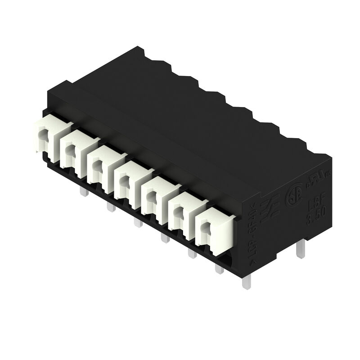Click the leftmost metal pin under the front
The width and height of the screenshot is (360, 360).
click(83, 192)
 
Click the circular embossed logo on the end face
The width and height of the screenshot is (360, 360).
click(292, 198)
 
